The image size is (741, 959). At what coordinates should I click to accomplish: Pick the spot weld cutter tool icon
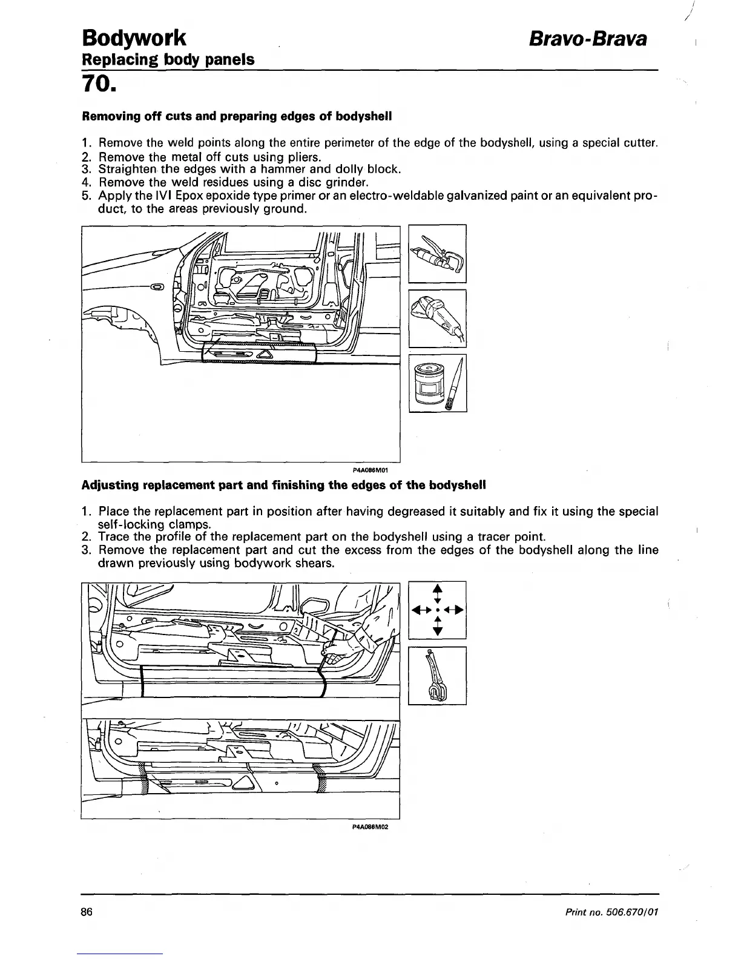(438, 253)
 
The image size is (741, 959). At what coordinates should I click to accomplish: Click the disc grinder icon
(438, 318)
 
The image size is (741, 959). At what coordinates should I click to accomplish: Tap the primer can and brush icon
(438, 383)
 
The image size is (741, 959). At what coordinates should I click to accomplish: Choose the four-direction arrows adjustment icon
(438, 610)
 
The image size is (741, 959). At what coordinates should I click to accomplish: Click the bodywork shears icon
(437, 676)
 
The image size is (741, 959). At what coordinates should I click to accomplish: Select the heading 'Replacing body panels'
(168, 60)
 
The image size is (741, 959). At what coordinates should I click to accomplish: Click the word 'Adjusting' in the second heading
(109, 486)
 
